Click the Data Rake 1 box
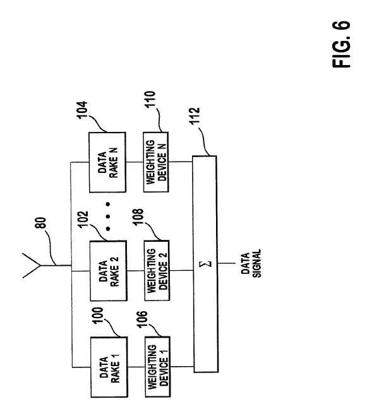[x=109, y=368]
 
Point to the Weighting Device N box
[x=155, y=163]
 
